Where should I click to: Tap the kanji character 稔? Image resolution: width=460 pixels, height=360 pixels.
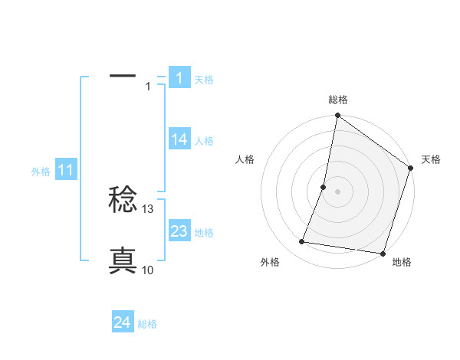[x=123, y=201]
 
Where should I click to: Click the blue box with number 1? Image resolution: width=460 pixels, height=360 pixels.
[x=179, y=77]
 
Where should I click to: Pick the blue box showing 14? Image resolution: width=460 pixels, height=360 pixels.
[x=179, y=139]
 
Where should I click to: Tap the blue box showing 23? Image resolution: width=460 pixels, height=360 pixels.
[x=179, y=231]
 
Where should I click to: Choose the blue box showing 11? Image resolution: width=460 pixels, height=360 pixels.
[x=65, y=171]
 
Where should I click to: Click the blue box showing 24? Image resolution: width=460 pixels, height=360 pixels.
[x=122, y=322]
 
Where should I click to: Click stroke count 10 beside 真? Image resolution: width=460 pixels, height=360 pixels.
[x=148, y=270]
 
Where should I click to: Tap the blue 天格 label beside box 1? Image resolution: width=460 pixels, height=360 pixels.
[x=204, y=79]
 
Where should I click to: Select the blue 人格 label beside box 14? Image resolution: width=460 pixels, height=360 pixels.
[x=204, y=141]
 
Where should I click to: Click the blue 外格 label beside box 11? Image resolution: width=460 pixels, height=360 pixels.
[x=41, y=172]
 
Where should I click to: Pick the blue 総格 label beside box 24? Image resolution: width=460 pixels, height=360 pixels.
[x=147, y=324]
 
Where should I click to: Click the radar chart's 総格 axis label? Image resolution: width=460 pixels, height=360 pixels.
[x=337, y=100]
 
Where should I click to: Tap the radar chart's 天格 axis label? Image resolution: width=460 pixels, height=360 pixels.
[x=432, y=159]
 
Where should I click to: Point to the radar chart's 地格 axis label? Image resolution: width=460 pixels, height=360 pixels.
[x=402, y=262]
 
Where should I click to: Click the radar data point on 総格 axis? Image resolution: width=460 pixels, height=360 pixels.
[x=337, y=116]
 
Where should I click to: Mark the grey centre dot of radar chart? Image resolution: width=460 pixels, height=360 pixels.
[x=337, y=191]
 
